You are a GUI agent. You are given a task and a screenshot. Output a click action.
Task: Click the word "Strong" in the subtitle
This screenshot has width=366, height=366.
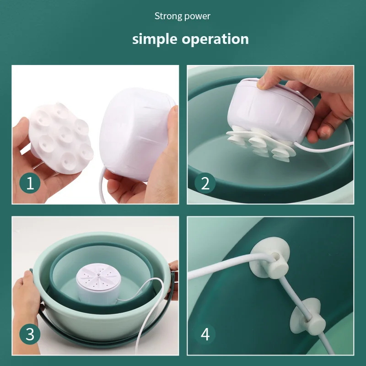[x=167, y=16]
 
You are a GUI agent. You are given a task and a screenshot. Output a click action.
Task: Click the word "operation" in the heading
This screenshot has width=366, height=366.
[x=215, y=39]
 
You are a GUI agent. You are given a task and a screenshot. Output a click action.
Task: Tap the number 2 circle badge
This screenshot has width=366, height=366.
[x=205, y=183]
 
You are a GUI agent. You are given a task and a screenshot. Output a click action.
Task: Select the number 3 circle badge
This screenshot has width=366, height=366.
[x=30, y=334]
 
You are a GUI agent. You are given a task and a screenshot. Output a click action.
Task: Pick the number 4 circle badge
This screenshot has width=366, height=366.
[x=205, y=334]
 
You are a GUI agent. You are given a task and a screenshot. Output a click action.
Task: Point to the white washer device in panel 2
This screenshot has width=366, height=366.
[x=270, y=110]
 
